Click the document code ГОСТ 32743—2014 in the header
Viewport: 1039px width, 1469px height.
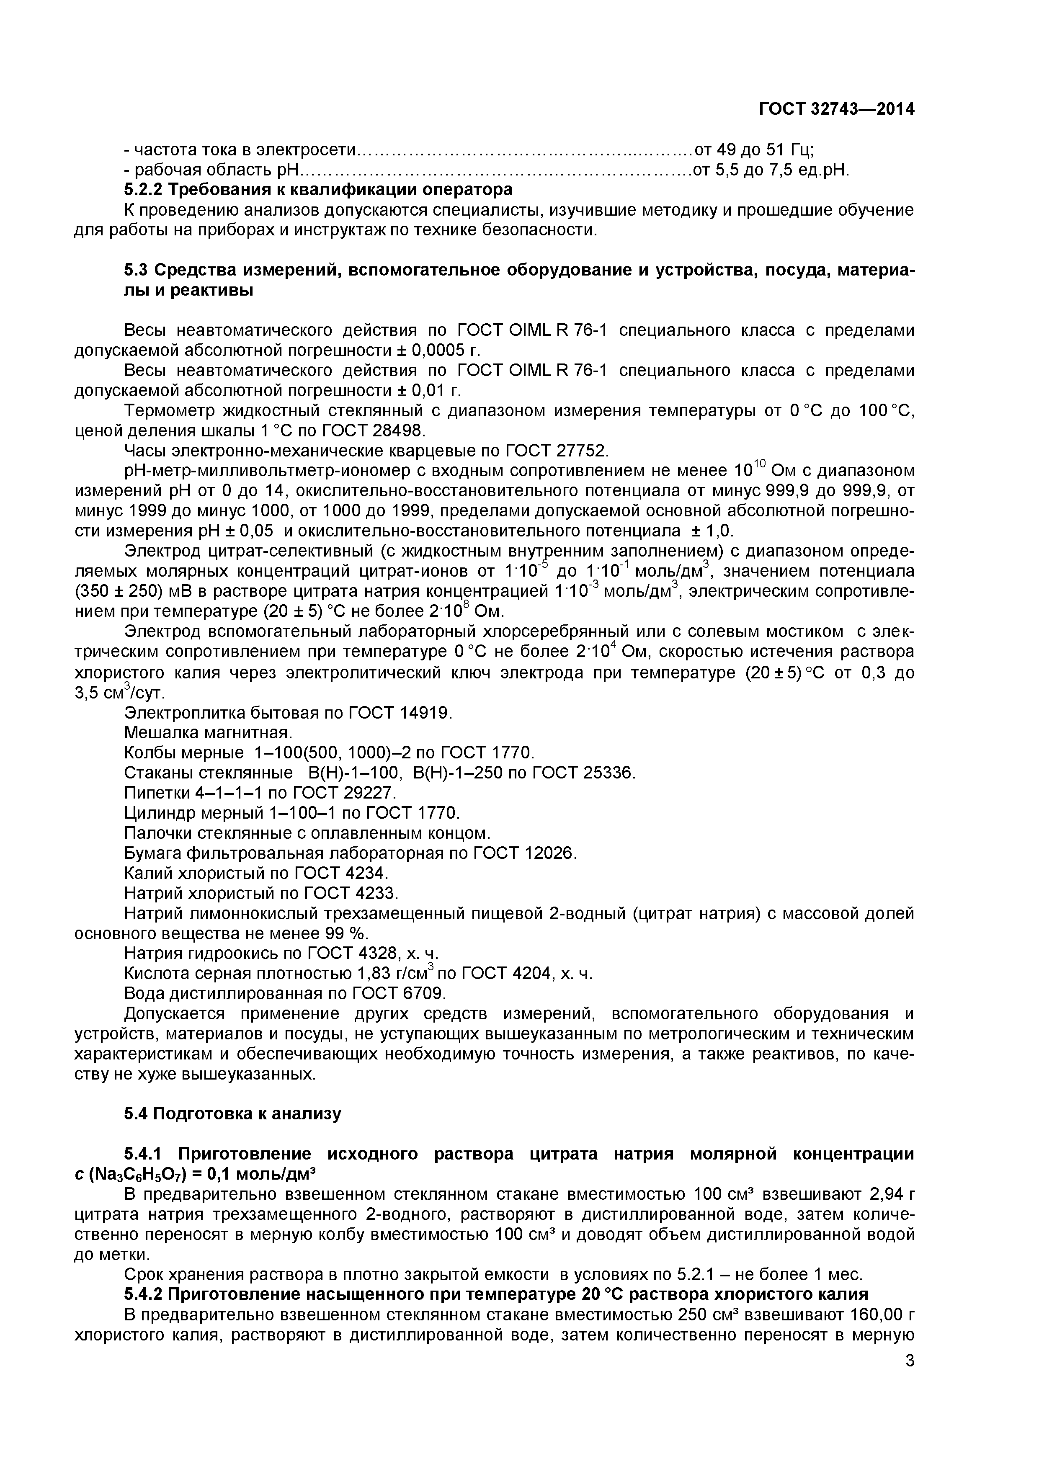836,109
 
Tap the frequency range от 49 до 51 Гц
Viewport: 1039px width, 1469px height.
754,150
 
